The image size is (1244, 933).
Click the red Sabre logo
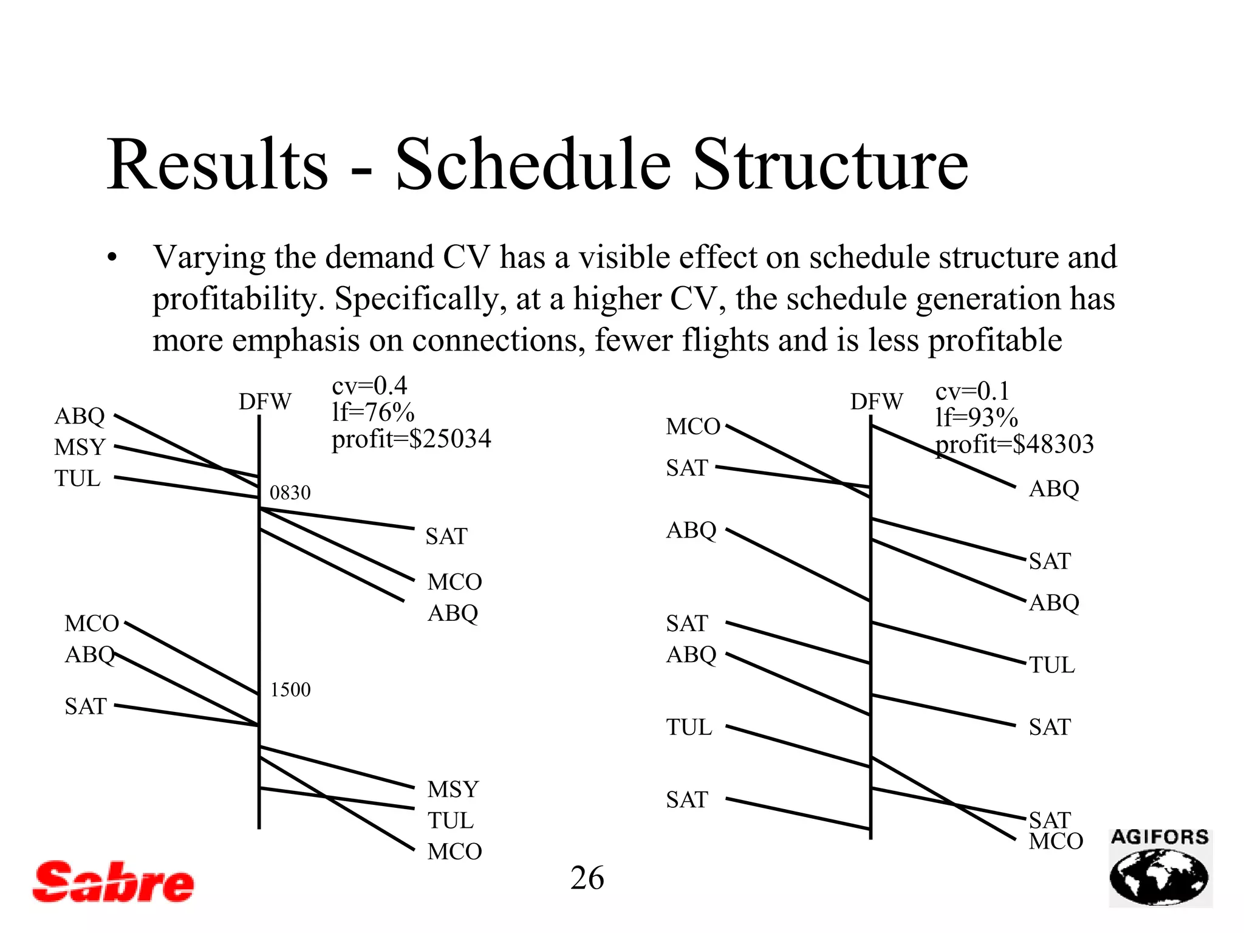click(x=113, y=881)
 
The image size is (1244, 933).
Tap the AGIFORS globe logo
click(x=1160, y=869)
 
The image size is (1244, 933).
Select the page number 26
click(x=587, y=878)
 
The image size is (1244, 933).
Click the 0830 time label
click(x=290, y=493)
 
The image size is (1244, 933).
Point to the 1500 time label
click(x=290, y=690)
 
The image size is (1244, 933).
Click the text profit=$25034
click(x=411, y=439)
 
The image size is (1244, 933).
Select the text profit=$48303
click(x=1014, y=444)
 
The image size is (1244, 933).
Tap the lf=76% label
click(x=373, y=412)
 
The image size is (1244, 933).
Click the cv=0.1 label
click(x=972, y=391)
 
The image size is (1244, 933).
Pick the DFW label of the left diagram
click(x=265, y=402)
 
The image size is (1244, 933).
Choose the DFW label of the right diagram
click(x=877, y=402)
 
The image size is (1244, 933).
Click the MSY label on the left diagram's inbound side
click(x=80, y=448)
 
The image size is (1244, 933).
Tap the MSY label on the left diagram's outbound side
click(x=453, y=790)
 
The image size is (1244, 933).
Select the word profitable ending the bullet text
click(x=996, y=340)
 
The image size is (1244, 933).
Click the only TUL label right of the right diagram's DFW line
click(x=1051, y=665)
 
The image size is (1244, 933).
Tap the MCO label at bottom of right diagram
click(x=1056, y=842)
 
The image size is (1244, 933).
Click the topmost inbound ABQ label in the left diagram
click(x=80, y=417)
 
